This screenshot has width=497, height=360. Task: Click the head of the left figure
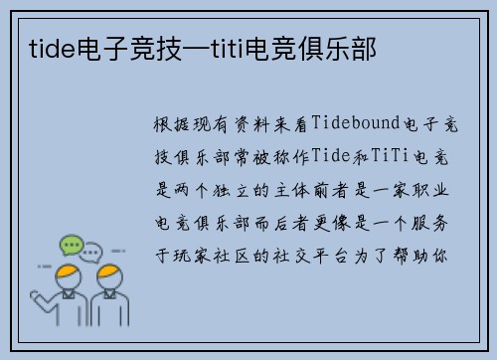[x=68, y=274]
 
